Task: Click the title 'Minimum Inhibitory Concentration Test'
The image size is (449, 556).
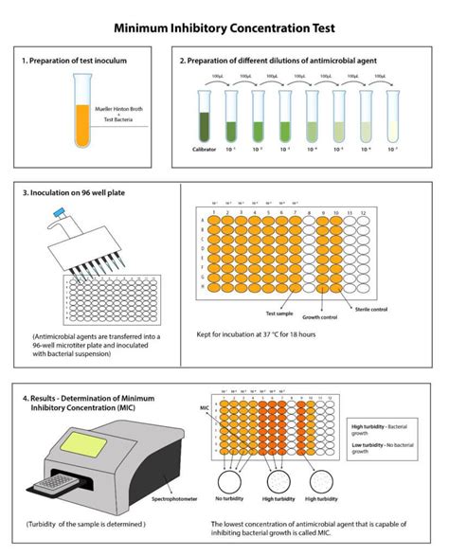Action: tap(224, 29)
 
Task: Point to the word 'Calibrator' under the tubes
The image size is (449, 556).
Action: tap(201, 149)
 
